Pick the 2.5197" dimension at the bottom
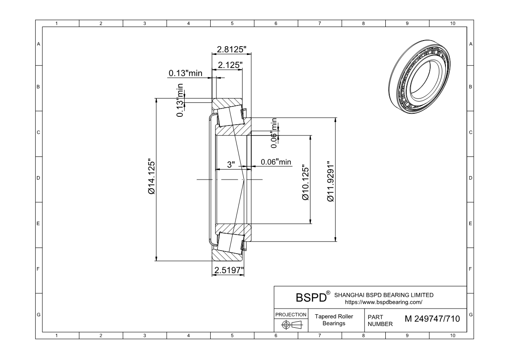coord(228,271)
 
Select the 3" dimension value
coord(231,164)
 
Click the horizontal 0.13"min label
coord(185,73)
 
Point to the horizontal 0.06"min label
coord(276,162)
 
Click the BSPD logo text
coord(311,298)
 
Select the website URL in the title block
coord(383,302)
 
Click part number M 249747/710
coord(432,319)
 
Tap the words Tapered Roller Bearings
coord(334,320)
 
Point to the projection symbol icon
coord(291,325)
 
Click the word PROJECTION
coord(291,314)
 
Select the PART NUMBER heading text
coord(380,321)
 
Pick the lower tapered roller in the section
coord(230,242)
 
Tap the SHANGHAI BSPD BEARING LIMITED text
coord(384,295)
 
